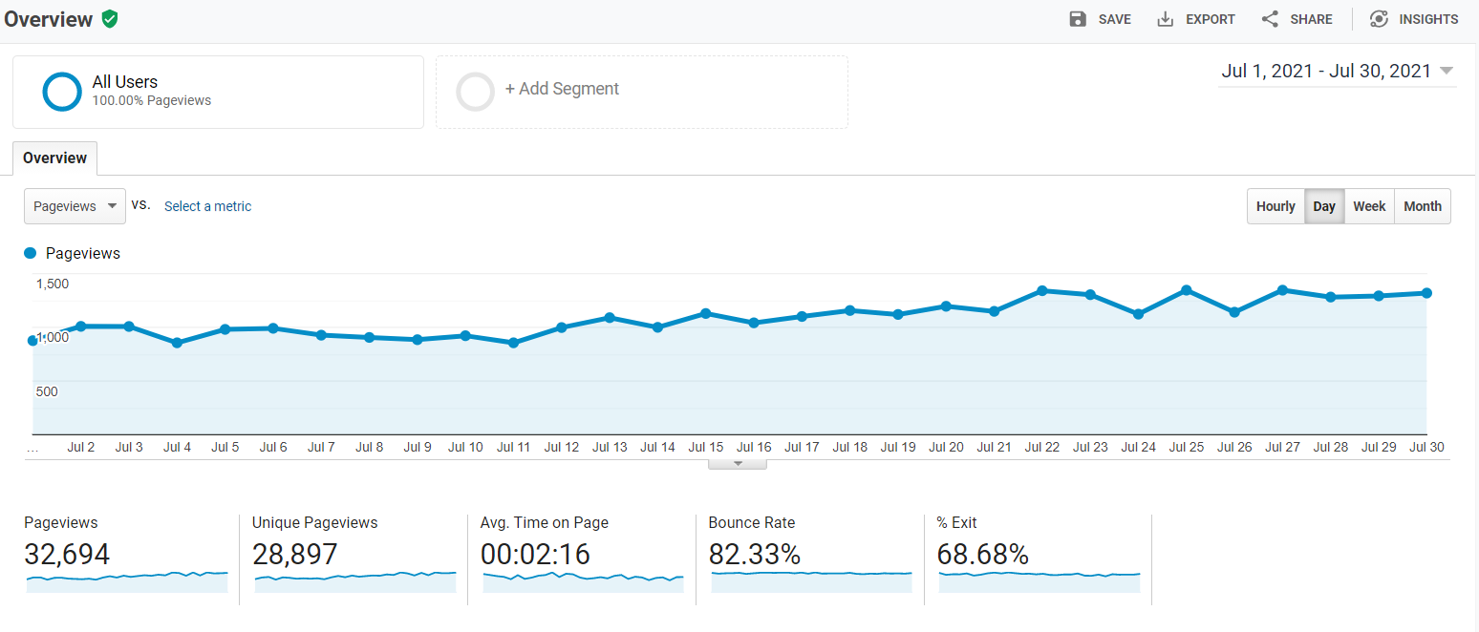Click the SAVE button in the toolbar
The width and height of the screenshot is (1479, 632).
point(1100,19)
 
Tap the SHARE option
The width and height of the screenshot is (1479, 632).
point(1297,19)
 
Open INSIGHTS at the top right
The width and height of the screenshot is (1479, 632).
point(1414,19)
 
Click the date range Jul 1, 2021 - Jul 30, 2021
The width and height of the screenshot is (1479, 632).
point(1337,72)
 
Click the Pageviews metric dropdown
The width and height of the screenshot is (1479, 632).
point(75,206)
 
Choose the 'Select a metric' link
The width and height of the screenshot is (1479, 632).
point(207,206)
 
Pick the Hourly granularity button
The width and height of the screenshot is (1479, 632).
point(1275,206)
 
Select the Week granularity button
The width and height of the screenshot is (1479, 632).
point(1369,206)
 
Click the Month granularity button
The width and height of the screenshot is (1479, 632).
point(1423,206)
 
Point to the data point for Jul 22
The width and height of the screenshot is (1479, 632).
point(1042,290)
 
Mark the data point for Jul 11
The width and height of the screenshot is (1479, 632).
point(513,343)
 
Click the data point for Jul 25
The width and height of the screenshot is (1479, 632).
point(1186,289)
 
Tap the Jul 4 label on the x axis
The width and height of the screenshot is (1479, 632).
point(177,447)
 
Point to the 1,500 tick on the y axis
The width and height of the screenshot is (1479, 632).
point(53,284)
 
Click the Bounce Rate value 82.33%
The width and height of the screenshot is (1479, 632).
point(755,555)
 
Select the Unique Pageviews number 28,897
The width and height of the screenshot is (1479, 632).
point(294,555)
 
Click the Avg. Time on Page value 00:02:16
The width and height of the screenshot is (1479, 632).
point(535,555)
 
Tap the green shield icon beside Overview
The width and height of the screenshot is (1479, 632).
point(110,19)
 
